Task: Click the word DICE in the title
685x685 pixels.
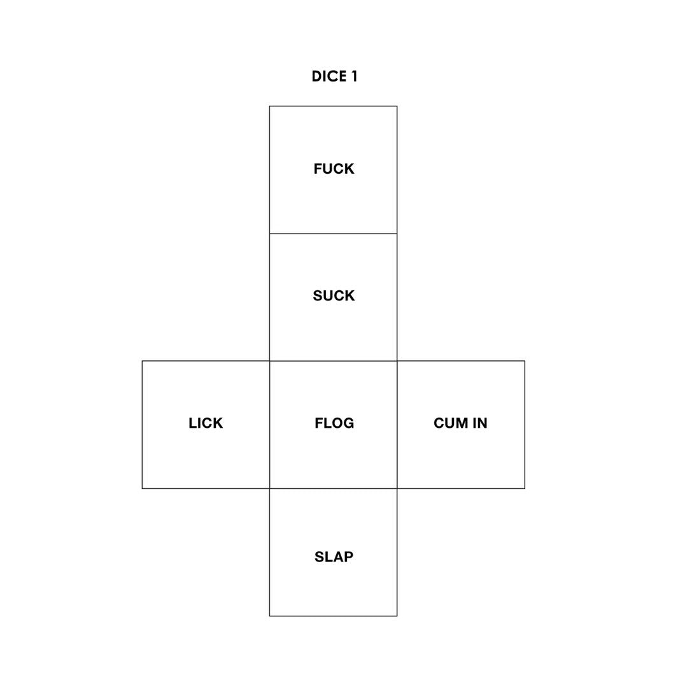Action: click(x=329, y=76)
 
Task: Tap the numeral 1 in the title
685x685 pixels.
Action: click(x=355, y=76)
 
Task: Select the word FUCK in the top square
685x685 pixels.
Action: click(x=334, y=169)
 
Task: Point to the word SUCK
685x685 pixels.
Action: click(x=334, y=296)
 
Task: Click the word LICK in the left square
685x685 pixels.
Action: click(x=206, y=423)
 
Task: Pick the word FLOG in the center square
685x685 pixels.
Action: click(x=334, y=423)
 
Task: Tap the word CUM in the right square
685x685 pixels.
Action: click(x=451, y=423)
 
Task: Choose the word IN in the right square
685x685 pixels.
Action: click(x=480, y=423)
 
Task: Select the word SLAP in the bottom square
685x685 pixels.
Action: click(x=334, y=556)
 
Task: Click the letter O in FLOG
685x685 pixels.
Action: click(x=335, y=423)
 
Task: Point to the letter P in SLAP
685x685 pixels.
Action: click(x=349, y=556)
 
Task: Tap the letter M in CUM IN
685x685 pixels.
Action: click(x=462, y=423)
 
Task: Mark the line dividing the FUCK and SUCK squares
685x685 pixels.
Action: click(x=334, y=233)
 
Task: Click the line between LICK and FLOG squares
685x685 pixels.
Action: click(x=269, y=425)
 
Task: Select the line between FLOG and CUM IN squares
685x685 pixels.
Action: click(x=397, y=425)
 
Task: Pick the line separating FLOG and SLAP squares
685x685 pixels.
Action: click(x=334, y=488)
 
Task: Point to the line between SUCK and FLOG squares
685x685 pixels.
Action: click(x=334, y=361)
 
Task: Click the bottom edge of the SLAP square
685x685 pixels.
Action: click(x=334, y=616)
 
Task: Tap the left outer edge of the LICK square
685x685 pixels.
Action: click(x=142, y=425)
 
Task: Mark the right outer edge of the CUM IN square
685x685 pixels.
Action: click(x=525, y=425)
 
